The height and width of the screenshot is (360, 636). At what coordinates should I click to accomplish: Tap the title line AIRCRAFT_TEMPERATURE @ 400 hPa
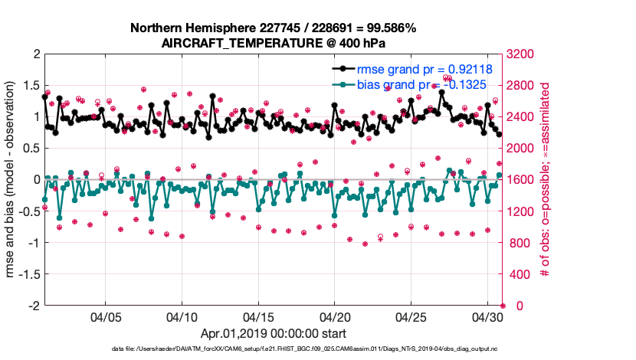click(x=273, y=44)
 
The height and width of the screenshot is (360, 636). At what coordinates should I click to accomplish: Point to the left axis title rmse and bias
click(x=11, y=180)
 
